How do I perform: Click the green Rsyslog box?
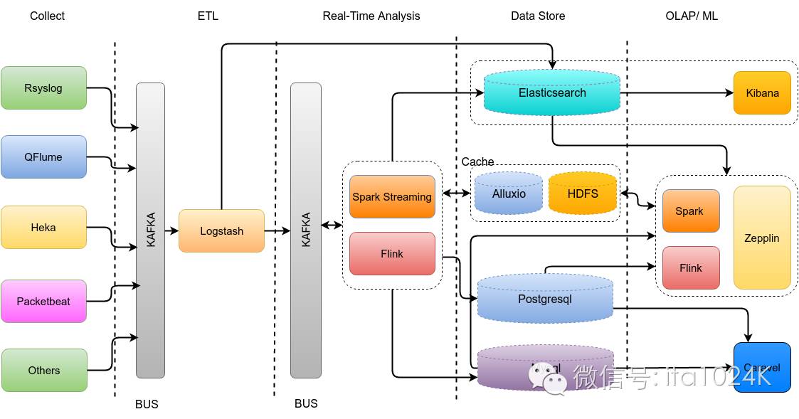[x=43, y=88]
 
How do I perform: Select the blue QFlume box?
[x=43, y=157]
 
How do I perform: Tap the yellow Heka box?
[x=43, y=228]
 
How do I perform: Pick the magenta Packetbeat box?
[x=43, y=301]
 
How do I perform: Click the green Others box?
[x=43, y=370]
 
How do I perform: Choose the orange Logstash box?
[x=221, y=230]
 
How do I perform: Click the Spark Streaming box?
[x=392, y=196]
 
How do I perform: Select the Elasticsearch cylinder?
[x=552, y=92]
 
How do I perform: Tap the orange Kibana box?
[x=762, y=92]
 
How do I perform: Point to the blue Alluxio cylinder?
[x=509, y=193]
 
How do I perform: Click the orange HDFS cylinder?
[x=583, y=193]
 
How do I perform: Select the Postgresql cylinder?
[x=545, y=299]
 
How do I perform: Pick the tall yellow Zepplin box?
[x=762, y=238]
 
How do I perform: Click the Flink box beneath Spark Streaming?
[x=392, y=253]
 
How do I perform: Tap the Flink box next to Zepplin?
[x=690, y=267]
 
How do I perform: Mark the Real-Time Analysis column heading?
[x=371, y=16]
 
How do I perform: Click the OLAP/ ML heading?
[x=692, y=16]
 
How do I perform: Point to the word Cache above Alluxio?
[x=477, y=162]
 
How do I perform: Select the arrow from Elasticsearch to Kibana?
[x=676, y=92]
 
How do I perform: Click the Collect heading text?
[x=47, y=16]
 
